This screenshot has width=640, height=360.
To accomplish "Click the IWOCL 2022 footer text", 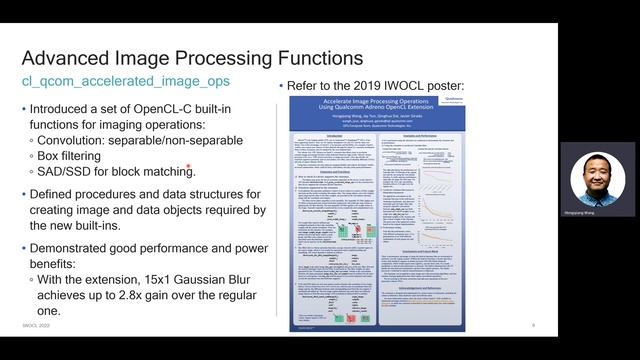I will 36,326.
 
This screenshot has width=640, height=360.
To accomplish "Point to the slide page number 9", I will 533,326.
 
